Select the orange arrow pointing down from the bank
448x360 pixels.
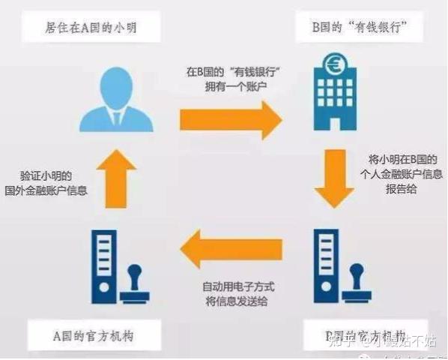[x=334, y=178]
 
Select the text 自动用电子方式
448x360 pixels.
[x=234, y=287]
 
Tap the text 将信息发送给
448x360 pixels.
[x=234, y=302]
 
